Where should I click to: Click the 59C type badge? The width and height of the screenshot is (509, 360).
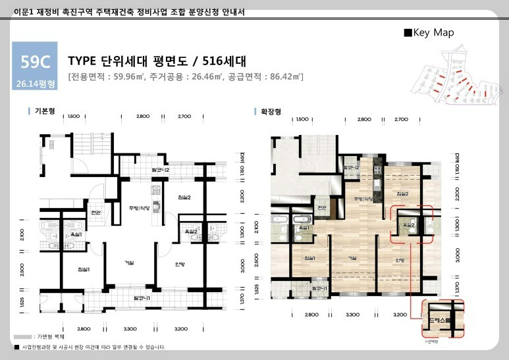34,63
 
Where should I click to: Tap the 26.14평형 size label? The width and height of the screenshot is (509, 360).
34,84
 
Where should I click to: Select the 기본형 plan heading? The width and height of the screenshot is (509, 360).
45,112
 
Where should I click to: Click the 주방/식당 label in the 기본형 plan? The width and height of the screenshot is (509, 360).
140,208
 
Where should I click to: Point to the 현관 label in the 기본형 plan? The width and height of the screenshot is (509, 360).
95,212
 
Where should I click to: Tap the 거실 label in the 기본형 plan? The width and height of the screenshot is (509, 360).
129,263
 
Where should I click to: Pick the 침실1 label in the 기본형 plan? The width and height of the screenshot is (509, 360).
84,270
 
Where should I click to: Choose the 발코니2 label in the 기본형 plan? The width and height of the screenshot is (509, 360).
161,170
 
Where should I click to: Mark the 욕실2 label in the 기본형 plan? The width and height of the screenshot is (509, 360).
190,232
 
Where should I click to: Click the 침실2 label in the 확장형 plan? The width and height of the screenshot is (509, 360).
403,193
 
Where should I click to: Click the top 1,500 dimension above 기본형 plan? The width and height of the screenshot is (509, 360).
74,116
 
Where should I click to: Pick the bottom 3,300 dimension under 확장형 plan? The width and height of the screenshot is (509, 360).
353,315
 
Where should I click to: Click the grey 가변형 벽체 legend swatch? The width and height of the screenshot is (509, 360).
23,336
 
